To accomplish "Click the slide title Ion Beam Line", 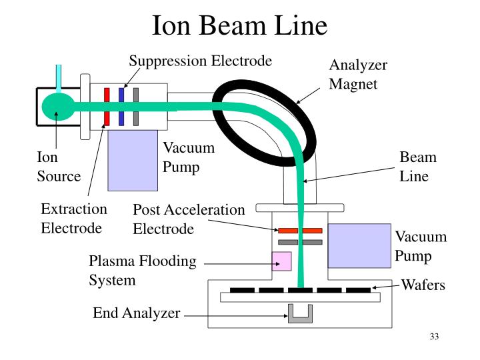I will click(x=240, y=26).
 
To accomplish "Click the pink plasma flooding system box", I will click(x=281, y=261).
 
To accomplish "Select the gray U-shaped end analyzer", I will click(x=300, y=313).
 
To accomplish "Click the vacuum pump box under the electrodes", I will click(x=132, y=160).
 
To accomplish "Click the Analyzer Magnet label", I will click(x=358, y=75).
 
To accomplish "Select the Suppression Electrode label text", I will click(x=200, y=61).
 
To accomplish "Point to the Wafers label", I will click(x=422, y=285).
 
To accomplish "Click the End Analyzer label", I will click(x=136, y=313).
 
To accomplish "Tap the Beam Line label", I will click(x=418, y=167).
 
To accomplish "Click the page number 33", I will click(x=434, y=336).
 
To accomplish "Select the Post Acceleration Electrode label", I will click(x=189, y=219).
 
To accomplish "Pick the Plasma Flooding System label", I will click(x=143, y=270).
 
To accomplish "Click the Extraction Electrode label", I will click(x=73, y=218).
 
